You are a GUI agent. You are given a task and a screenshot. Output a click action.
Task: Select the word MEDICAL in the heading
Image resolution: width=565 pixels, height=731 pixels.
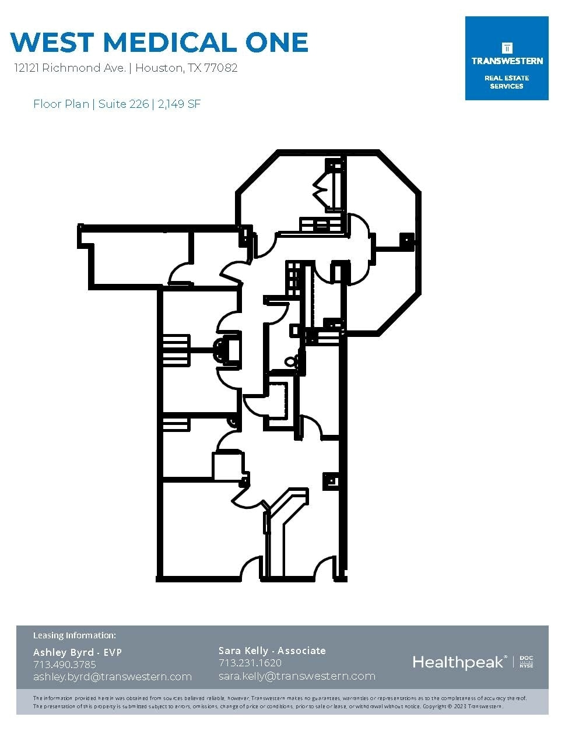(169, 42)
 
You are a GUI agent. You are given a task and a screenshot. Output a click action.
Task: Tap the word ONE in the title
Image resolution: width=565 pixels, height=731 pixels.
(276, 42)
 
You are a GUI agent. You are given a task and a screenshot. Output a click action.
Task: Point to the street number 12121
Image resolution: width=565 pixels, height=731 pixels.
(27, 68)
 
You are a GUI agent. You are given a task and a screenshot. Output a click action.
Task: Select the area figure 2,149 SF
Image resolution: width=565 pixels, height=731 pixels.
(179, 104)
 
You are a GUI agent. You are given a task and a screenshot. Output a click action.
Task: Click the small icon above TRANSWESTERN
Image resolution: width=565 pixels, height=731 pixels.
(507, 48)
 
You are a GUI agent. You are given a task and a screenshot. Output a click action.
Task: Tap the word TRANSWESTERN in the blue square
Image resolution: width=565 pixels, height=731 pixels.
(507, 61)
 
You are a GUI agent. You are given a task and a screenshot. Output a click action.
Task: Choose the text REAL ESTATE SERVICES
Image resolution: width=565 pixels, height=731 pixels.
(507, 82)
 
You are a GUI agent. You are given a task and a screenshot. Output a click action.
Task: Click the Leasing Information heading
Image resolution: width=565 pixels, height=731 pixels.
(75, 635)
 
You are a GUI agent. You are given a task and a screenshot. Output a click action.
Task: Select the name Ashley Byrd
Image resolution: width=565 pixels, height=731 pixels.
(64, 653)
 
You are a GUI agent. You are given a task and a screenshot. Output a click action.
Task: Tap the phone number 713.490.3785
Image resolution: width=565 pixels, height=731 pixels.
(65, 665)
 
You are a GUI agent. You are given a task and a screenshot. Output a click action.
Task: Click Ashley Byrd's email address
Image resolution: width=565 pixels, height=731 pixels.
(113, 677)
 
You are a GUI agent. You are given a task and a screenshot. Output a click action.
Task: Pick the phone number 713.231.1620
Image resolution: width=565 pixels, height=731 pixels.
(250, 663)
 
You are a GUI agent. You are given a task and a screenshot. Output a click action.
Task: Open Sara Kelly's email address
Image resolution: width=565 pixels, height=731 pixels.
(297, 676)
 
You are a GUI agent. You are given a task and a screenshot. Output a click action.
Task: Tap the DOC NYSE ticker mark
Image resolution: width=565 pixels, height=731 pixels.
(527, 662)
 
